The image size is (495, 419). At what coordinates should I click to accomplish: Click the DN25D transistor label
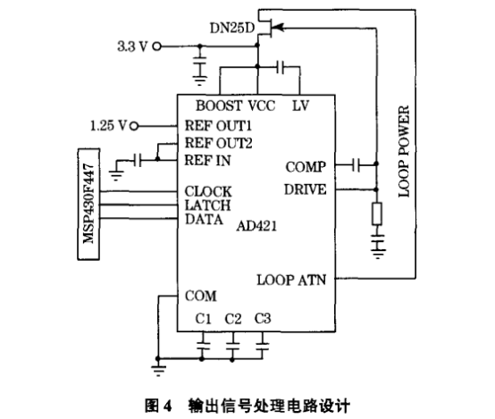[x=232, y=28]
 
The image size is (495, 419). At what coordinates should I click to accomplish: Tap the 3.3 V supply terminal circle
[x=157, y=46]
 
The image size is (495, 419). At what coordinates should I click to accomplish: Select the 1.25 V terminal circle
[x=135, y=126]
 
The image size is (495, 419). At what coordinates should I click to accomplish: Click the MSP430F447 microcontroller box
[x=88, y=205]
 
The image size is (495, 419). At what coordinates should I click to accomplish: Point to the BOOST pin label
[x=219, y=105]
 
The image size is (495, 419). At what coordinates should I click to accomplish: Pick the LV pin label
[x=300, y=105]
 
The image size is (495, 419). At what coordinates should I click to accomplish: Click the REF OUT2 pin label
[x=218, y=143]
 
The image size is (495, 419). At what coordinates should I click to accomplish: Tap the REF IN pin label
[x=207, y=161]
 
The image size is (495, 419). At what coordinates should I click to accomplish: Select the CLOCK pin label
[x=208, y=192]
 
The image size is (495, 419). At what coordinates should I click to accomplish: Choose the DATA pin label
[x=204, y=220]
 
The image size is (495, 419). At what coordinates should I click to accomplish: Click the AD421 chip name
[x=256, y=226]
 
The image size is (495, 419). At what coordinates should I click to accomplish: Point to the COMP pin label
[x=306, y=167]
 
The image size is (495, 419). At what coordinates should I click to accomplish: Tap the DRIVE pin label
[x=306, y=189]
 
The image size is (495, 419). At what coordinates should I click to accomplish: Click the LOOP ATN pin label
[x=291, y=280]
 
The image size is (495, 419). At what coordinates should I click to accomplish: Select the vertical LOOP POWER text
[x=404, y=151]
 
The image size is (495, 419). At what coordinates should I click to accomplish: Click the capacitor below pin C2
[x=232, y=346]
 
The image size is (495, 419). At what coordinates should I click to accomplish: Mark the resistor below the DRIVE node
[x=377, y=214]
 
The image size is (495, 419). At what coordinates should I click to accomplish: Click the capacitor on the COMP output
[x=356, y=164]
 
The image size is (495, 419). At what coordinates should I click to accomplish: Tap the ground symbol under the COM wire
[x=158, y=371]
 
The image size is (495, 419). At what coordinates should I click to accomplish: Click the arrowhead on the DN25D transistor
[x=278, y=28]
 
